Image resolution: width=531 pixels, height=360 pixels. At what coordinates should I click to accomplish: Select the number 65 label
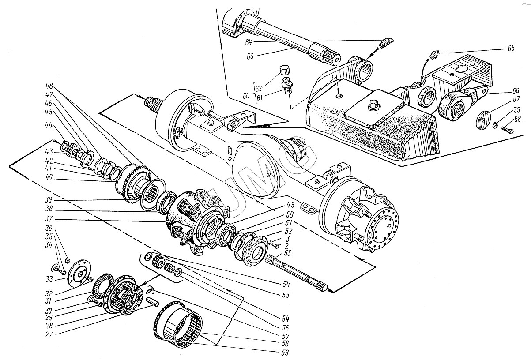[x=511, y=49]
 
